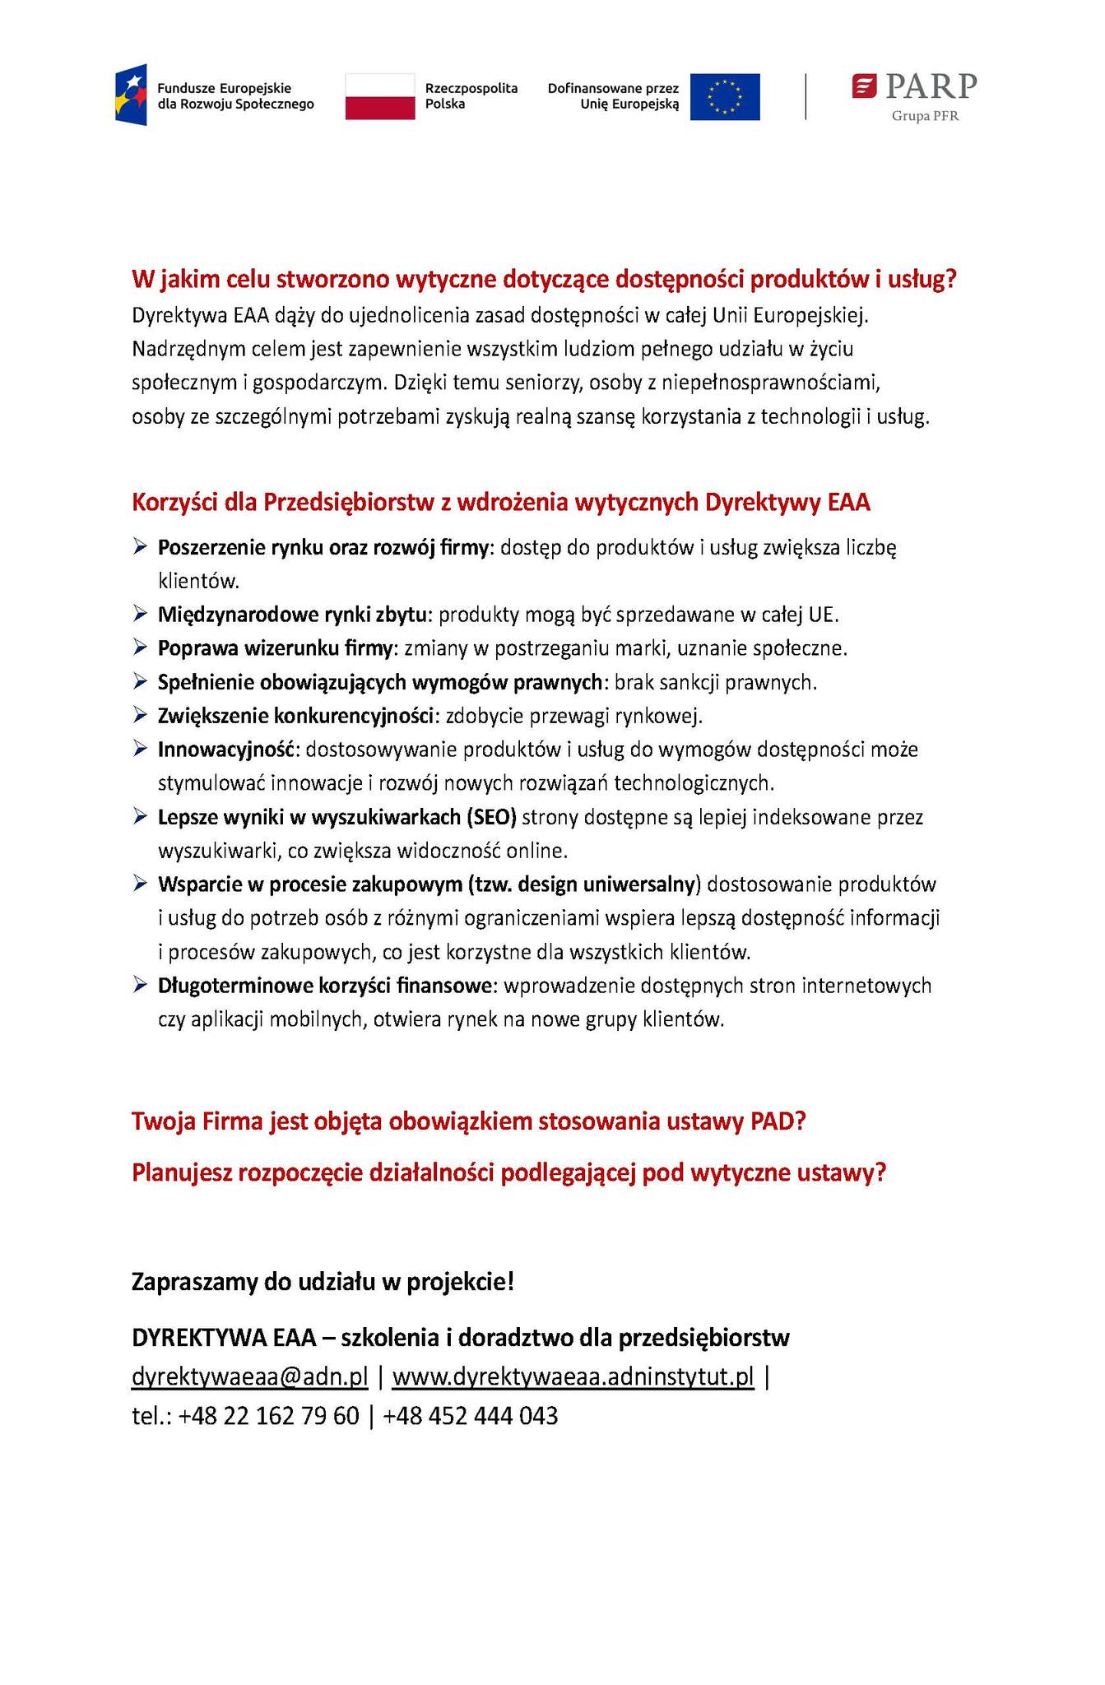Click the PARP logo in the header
(914, 87)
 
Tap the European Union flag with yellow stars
(724, 96)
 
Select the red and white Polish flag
(379, 96)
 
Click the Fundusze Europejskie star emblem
(131, 95)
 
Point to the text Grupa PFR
(925, 116)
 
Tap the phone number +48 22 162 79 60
(269, 1416)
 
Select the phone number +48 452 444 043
(471, 1416)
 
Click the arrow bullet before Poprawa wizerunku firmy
(140, 648)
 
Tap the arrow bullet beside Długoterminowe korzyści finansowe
(140, 985)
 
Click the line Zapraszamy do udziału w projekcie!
(323, 1282)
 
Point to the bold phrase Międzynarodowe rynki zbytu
(293, 615)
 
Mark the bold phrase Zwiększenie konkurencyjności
(296, 716)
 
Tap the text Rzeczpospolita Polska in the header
(471, 96)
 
